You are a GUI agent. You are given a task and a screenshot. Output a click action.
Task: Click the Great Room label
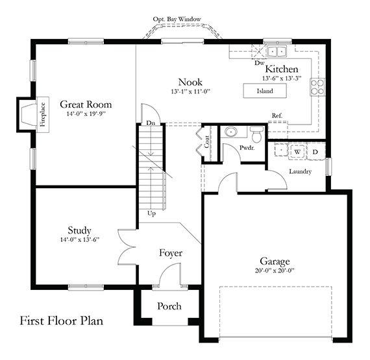(86, 104)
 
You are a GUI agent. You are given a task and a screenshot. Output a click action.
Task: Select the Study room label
(79, 230)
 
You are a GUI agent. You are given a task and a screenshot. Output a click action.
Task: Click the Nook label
(191, 82)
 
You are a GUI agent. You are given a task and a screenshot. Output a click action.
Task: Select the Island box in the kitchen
(264, 91)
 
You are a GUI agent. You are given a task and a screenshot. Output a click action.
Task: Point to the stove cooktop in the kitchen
(317, 86)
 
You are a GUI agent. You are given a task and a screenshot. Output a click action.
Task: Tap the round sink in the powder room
(229, 132)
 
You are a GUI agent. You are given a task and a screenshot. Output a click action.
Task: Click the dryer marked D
(315, 151)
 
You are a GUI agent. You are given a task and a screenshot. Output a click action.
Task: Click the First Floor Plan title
(61, 320)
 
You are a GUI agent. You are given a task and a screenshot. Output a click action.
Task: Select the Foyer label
(171, 253)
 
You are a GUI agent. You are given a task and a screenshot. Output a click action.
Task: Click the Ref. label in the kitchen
(277, 116)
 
